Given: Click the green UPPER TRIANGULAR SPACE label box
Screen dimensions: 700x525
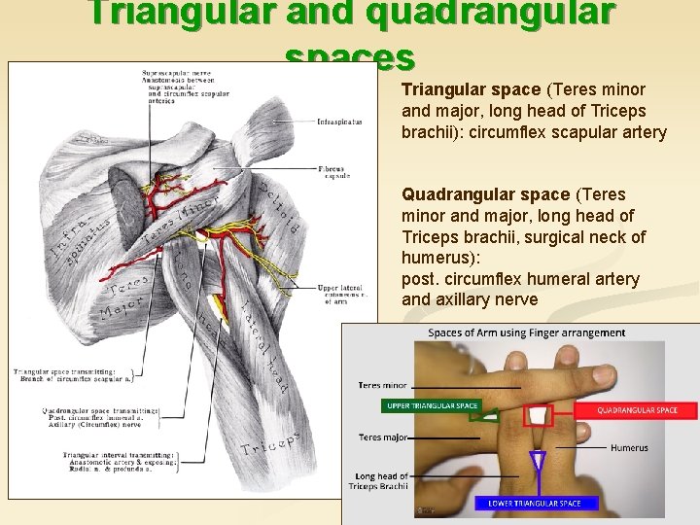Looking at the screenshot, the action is pos(432,405).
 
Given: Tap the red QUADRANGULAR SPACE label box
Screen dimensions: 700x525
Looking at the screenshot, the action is pos(637,411).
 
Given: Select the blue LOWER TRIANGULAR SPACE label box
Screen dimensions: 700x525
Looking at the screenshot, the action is pos(536,503).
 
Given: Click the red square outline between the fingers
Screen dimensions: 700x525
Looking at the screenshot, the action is pos(538,417).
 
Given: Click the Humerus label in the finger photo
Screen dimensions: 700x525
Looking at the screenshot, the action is pos(629,448).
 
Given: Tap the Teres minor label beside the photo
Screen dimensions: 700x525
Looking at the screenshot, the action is pos(383,386).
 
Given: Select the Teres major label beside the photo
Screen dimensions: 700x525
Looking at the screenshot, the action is pos(382,437).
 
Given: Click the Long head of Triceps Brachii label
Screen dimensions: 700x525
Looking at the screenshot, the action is pos(381,480).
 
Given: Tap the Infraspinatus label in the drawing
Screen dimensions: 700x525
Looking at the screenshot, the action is pos(340,122).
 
